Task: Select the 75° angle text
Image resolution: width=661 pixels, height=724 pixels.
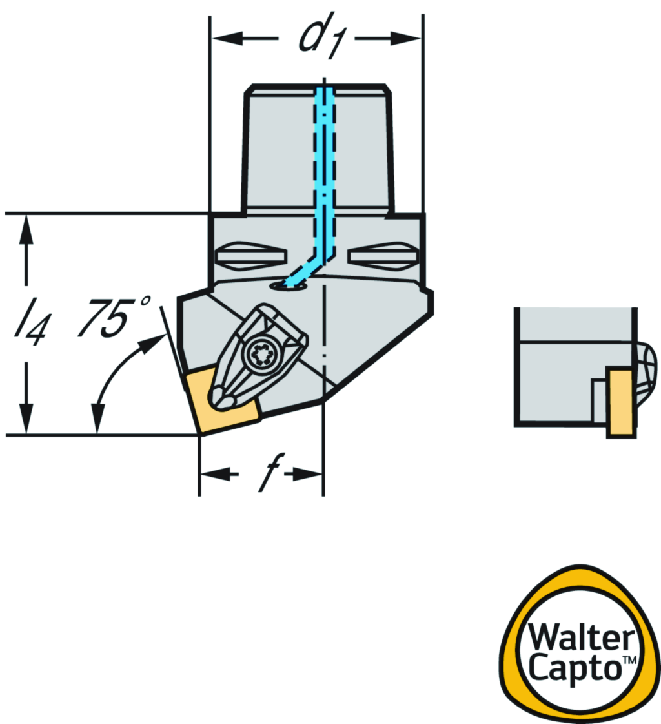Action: click(115, 318)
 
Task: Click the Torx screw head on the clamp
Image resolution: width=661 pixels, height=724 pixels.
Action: click(262, 355)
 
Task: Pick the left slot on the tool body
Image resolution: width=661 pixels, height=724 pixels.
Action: click(250, 256)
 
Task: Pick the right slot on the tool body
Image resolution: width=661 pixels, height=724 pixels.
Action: click(382, 256)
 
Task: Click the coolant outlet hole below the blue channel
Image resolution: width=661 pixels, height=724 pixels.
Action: click(288, 285)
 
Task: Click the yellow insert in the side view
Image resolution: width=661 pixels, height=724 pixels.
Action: click(619, 401)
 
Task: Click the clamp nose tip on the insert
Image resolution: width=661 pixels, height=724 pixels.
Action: click(221, 400)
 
